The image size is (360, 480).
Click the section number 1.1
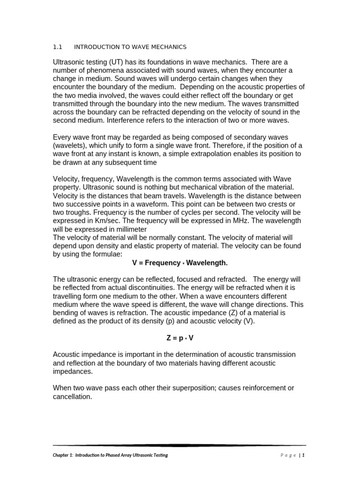tap(57, 47)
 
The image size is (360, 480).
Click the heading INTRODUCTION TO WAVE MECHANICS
tap(130, 47)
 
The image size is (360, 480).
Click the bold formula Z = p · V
tap(180, 337)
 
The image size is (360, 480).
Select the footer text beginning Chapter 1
tap(110, 455)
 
